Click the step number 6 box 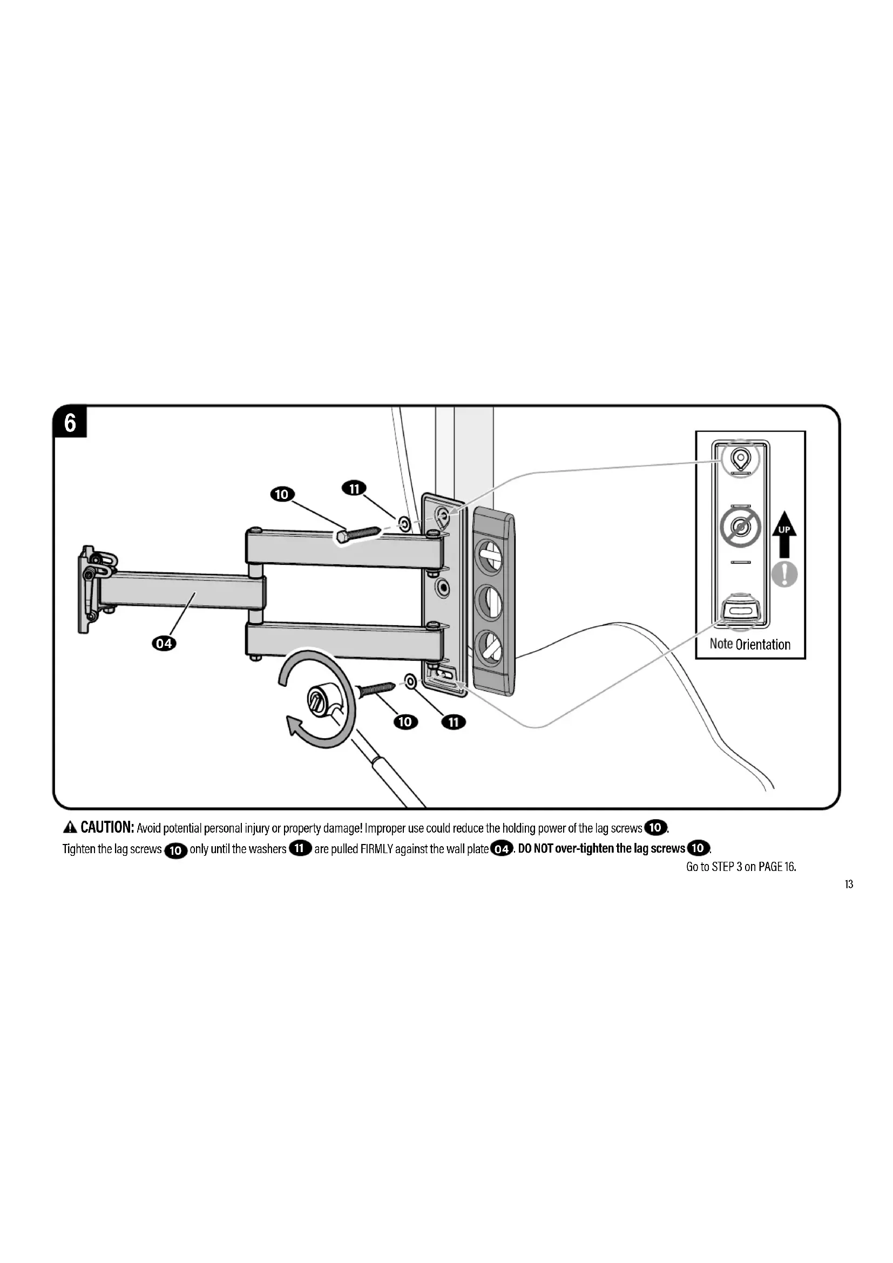tap(70, 423)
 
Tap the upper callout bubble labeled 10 tap(281, 494)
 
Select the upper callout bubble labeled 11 tap(354, 488)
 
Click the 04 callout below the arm tap(164, 643)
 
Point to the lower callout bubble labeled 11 tap(454, 722)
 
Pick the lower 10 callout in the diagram tap(405, 722)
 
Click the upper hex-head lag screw tap(356, 535)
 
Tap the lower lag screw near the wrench tap(376, 688)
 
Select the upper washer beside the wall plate tap(404, 524)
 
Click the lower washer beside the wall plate tap(410, 682)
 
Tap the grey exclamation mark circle tap(784, 575)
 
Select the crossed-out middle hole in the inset tap(740, 528)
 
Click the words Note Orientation tap(749, 644)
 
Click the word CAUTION tap(107, 827)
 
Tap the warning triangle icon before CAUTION tap(70, 827)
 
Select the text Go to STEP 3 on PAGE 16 tap(741, 867)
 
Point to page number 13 tap(849, 884)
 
